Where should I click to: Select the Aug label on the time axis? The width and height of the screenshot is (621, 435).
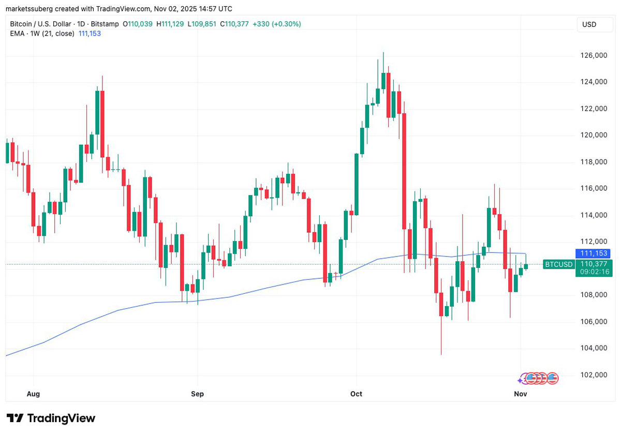(x=33, y=394)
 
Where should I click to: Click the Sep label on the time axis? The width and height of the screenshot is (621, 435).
(x=197, y=394)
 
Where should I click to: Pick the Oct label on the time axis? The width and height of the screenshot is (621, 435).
(x=356, y=394)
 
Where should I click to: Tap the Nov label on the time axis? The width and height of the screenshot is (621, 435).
(x=520, y=394)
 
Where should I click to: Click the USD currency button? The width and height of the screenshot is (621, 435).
(x=589, y=24)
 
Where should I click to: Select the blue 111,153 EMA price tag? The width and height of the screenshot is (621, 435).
(x=594, y=253)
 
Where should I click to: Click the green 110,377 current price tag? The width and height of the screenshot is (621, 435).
(x=594, y=264)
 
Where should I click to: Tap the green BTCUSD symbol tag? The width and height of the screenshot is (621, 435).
(x=558, y=264)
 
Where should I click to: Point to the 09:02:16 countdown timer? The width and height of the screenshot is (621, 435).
(x=594, y=272)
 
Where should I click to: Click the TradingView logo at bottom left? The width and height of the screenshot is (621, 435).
(x=51, y=418)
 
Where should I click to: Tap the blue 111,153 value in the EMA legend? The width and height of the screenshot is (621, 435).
(x=89, y=34)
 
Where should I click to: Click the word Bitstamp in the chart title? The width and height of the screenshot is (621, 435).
(x=105, y=24)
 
